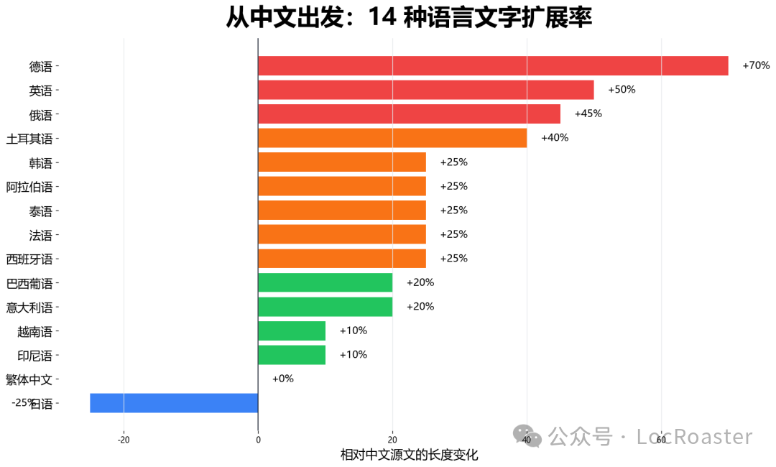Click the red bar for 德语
coord(493,66)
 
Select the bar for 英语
coord(425,90)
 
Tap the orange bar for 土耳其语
coord(392,138)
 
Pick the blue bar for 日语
coord(174,403)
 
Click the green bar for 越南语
coord(292,330)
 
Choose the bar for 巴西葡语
coord(325,282)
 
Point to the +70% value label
coord(756,65)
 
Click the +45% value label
coord(588,114)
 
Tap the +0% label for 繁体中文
coord(282,379)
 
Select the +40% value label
coord(554,138)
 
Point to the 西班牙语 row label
coord(29,259)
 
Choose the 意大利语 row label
coord(29,308)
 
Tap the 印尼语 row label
coord(35,356)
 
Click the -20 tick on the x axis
coord(124,440)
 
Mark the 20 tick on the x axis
coord(392,440)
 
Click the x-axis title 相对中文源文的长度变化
coord(409,455)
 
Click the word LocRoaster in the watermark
coord(694,437)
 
